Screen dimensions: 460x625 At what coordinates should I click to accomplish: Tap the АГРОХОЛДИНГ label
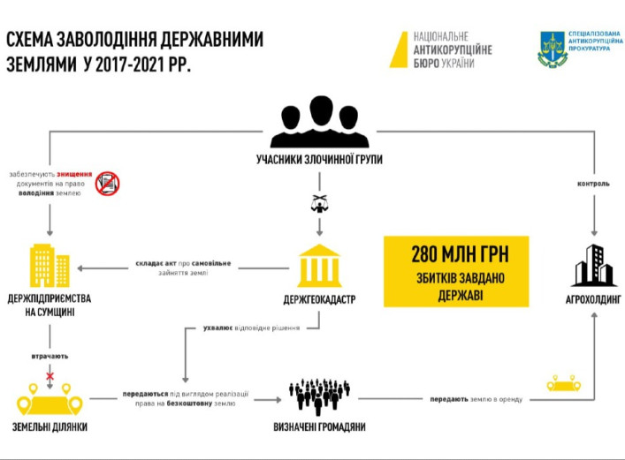[592, 300]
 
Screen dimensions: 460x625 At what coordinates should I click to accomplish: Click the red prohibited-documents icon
[108, 183]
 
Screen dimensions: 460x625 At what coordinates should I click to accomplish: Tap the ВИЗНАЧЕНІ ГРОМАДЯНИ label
[319, 428]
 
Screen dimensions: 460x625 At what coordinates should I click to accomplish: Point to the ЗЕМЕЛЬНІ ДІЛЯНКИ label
[50, 428]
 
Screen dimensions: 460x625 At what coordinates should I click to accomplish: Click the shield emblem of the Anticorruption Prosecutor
[553, 49]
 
